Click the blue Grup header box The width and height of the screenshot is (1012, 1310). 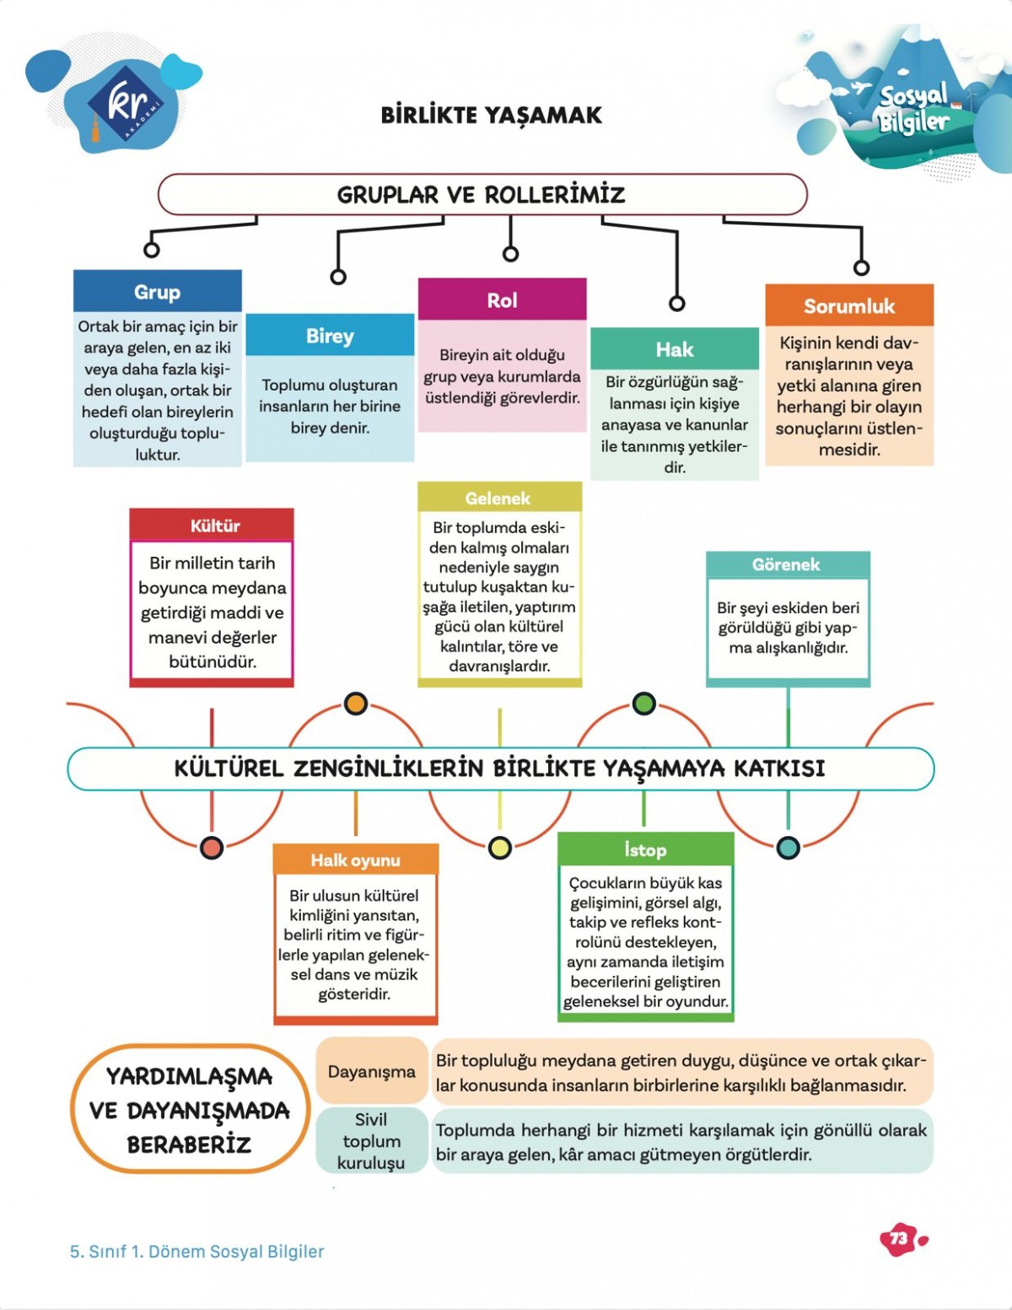[x=157, y=292]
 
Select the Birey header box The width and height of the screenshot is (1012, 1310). [x=330, y=336]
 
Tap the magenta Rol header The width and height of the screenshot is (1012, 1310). [x=502, y=300]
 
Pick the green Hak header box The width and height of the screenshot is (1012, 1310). [x=674, y=349]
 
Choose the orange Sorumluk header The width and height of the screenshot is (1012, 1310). [x=848, y=306]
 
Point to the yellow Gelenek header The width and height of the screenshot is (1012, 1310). [x=498, y=498]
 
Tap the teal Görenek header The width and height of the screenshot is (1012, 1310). [x=786, y=564]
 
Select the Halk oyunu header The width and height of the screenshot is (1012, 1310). [x=355, y=860]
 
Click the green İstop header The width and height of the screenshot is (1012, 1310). [x=645, y=849]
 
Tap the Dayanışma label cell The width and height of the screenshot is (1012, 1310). [x=372, y=1071]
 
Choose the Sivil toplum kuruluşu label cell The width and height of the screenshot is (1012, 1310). [x=371, y=1140]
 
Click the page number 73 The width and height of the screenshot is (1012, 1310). [x=899, y=1238]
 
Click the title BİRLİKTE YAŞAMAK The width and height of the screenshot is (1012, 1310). [x=491, y=115]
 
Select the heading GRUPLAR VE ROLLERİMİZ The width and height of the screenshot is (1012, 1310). [x=482, y=195]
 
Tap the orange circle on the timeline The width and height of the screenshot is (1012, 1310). [x=356, y=704]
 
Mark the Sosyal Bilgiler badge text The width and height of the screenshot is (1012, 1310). [x=913, y=109]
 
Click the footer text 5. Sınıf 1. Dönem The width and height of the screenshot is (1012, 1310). [x=196, y=1251]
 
